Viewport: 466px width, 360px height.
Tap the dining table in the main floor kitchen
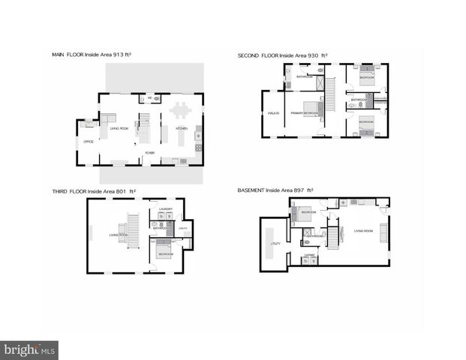pos(180,111)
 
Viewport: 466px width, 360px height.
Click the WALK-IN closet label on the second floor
pos(273,113)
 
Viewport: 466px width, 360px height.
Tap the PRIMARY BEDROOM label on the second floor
pos(305,113)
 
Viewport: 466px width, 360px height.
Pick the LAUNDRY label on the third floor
pos(166,209)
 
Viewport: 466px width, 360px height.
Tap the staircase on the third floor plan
pos(134,224)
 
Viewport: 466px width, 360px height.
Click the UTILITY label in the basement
pos(275,244)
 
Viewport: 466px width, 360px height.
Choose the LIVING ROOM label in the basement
pos(363,231)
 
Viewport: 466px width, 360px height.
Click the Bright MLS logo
pos(29,349)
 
